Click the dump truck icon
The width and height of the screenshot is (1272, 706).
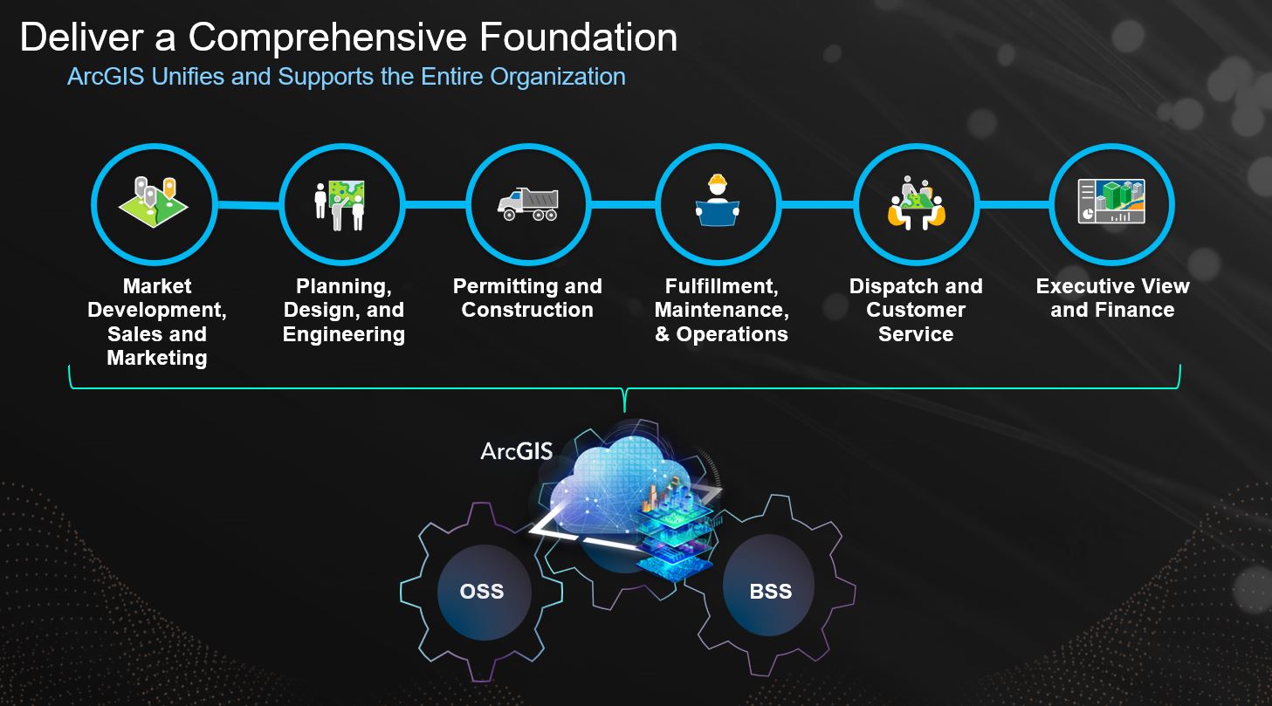pyautogui.click(x=528, y=204)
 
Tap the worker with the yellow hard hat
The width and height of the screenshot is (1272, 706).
pyautogui.click(x=718, y=202)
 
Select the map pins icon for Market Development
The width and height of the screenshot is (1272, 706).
pyautogui.click(x=154, y=202)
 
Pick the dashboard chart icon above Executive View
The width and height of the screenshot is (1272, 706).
pyautogui.click(x=1111, y=202)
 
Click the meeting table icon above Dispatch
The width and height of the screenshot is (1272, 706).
pyautogui.click(x=916, y=204)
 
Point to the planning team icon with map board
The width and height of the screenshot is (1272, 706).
pyautogui.click(x=340, y=204)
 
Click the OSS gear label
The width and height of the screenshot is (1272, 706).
pyautogui.click(x=482, y=591)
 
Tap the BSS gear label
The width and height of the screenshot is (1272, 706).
pyautogui.click(x=770, y=591)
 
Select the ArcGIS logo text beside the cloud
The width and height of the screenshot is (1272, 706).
pyautogui.click(x=517, y=451)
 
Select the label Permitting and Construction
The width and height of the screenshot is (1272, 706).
pyautogui.click(x=527, y=298)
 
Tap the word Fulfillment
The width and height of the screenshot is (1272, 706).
pyautogui.click(x=721, y=286)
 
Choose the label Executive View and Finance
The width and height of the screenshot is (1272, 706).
pyautogui.click(x=1112, y=298)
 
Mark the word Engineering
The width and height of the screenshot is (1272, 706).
pyautogui.click(x=344, y=334)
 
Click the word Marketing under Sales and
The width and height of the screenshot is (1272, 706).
pyautogui.click(x=157, y=358)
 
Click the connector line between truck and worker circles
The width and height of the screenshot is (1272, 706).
pyautogui.click(x=622, y=205)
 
